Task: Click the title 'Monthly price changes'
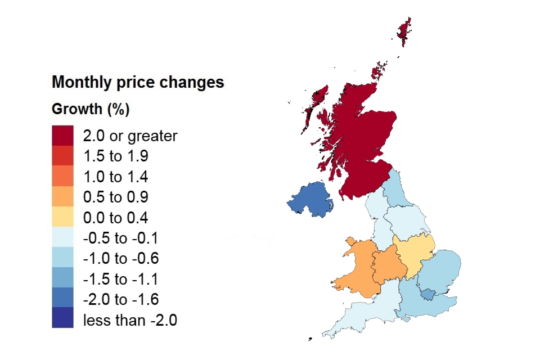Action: (x=138, y=83)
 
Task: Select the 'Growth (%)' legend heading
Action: (x=91, y=109)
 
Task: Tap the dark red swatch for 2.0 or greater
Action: (x=62, y=136)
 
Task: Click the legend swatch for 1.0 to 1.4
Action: (x=62, y=177)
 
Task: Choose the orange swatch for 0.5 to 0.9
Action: (x=62, y=197)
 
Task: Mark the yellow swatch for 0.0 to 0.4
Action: (x=62, y=218)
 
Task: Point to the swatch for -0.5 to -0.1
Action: (x=62, y=238)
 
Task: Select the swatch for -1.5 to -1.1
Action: (x=62, y=280)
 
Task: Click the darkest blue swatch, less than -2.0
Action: (x=62, y=317)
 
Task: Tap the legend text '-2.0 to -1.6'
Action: (x=121, y=300)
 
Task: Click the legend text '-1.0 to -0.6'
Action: (x=121, y=259)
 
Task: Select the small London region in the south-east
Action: (x=429, y=294)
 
